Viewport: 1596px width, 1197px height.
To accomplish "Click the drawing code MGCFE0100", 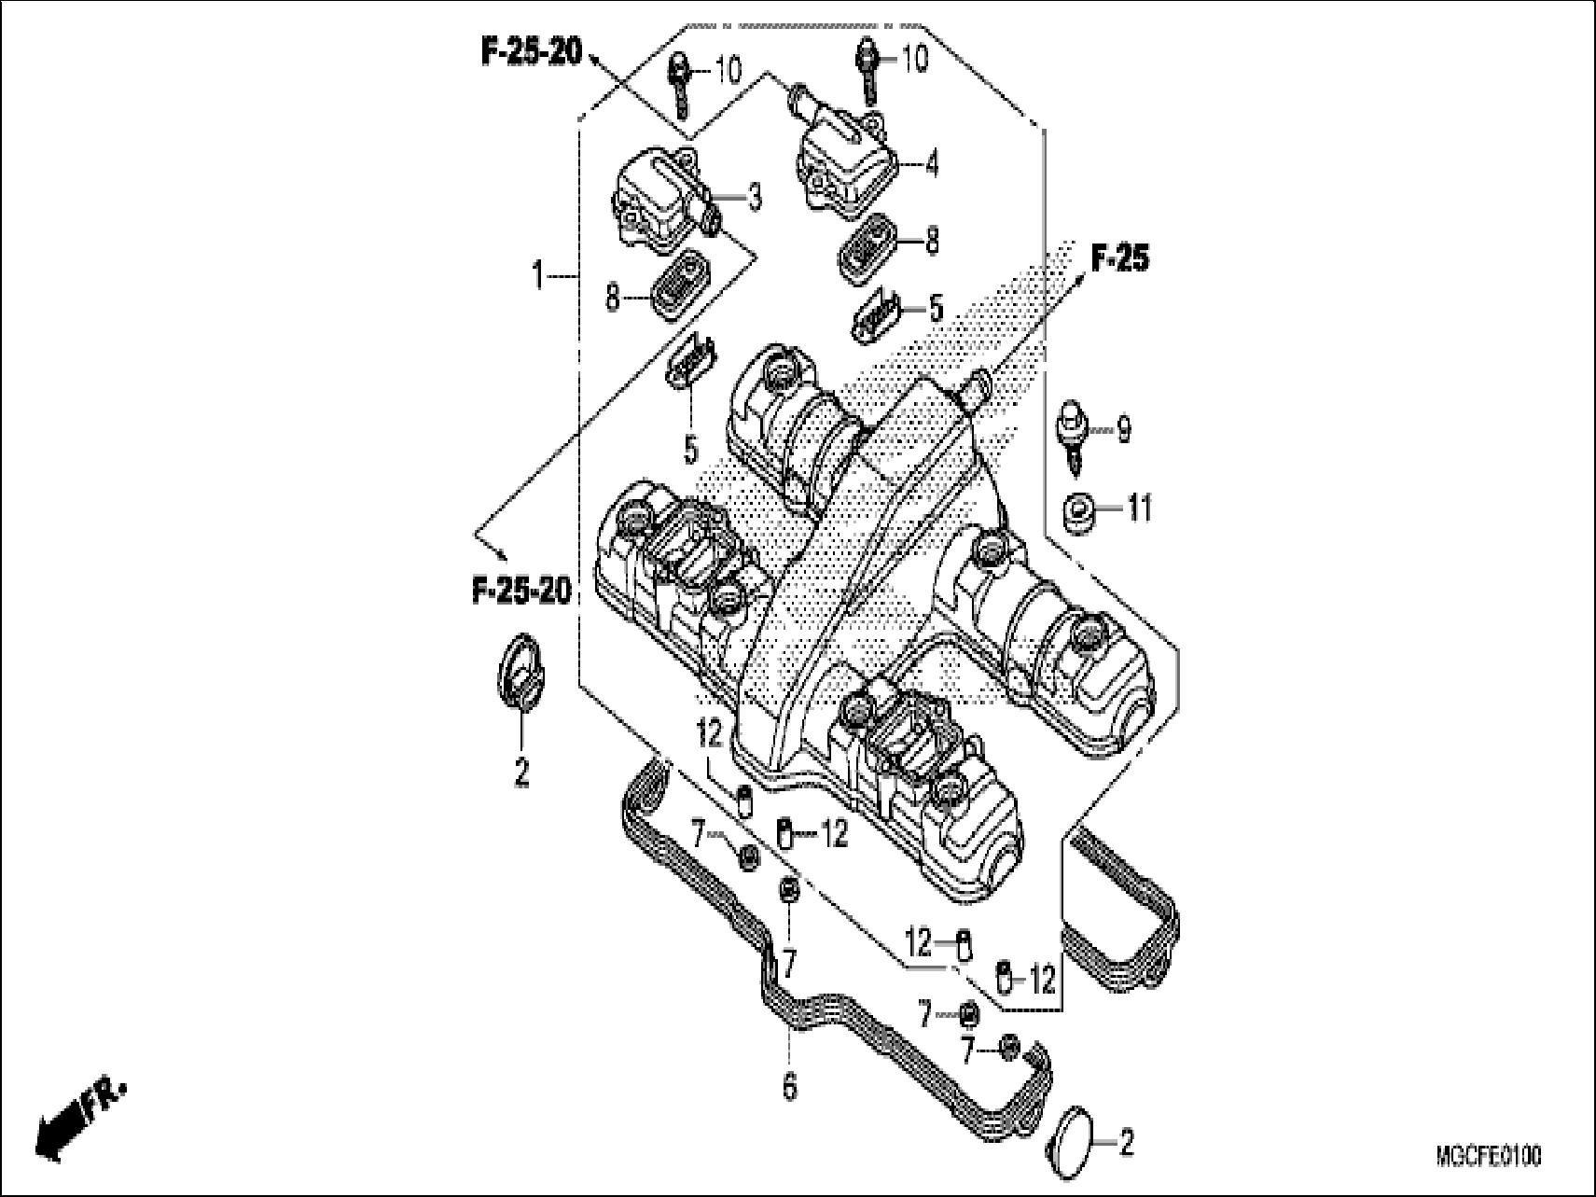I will pyautogui.click(x=1488, y=1158).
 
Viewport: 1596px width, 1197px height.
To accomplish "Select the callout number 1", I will pyautogui.click(x=537, y=276).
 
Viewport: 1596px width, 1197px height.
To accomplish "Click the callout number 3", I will pyautogui.click(x=754, y=197).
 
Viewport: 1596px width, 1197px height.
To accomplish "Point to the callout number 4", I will pyautogui.click(x=931, y=164).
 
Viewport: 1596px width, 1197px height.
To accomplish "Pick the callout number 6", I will pyautogui.click(x=789, y=1086).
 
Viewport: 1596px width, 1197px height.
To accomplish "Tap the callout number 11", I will pyautogui.click(x=1140, y=508).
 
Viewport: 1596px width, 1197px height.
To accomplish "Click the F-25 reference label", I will pyautogui.click(x=1119, y=257).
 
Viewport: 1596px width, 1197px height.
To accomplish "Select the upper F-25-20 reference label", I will pyautogui.click(x=531, y=51).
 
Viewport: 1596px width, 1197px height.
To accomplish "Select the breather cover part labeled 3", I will pyautogui.click(x=662, y=205).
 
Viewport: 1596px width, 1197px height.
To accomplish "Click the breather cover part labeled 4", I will pyautogui.click(x=844, y=166).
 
